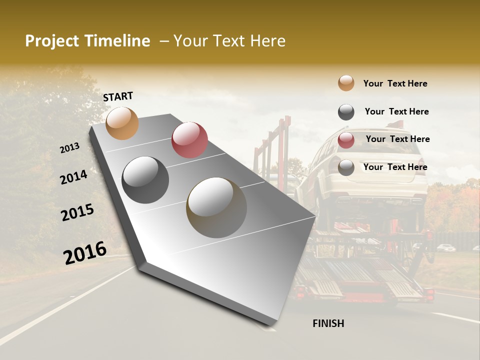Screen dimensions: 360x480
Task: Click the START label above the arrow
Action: click(118, 96)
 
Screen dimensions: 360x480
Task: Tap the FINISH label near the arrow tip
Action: click(328, 323)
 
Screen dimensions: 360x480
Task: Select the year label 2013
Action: click(70, 148)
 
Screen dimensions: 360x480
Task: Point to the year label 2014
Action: click(73, 177)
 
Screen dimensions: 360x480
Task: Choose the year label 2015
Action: click(77, 212)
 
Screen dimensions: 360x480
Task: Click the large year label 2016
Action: click(85, 252)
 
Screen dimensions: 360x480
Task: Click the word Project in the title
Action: click(51, 41)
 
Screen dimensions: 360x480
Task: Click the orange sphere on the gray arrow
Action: click(122, 123)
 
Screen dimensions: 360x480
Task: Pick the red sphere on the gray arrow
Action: click(189, 140)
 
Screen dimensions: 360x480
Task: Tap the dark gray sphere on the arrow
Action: click(145, 180)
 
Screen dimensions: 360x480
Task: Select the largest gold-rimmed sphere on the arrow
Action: click(216, 207)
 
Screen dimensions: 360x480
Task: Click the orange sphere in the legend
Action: click(346, 83)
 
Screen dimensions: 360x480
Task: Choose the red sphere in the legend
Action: click(346, 140)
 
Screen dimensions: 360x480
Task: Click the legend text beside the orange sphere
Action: click(395, 83)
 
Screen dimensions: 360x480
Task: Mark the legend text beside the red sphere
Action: click(397, 139)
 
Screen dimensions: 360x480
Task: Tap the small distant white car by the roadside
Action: click(445, 247)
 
